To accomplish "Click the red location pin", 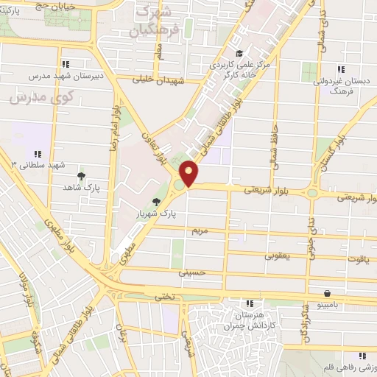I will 189,174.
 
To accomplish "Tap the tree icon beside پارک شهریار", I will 155,202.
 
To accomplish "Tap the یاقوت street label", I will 354,259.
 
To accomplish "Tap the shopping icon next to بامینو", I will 326,292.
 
